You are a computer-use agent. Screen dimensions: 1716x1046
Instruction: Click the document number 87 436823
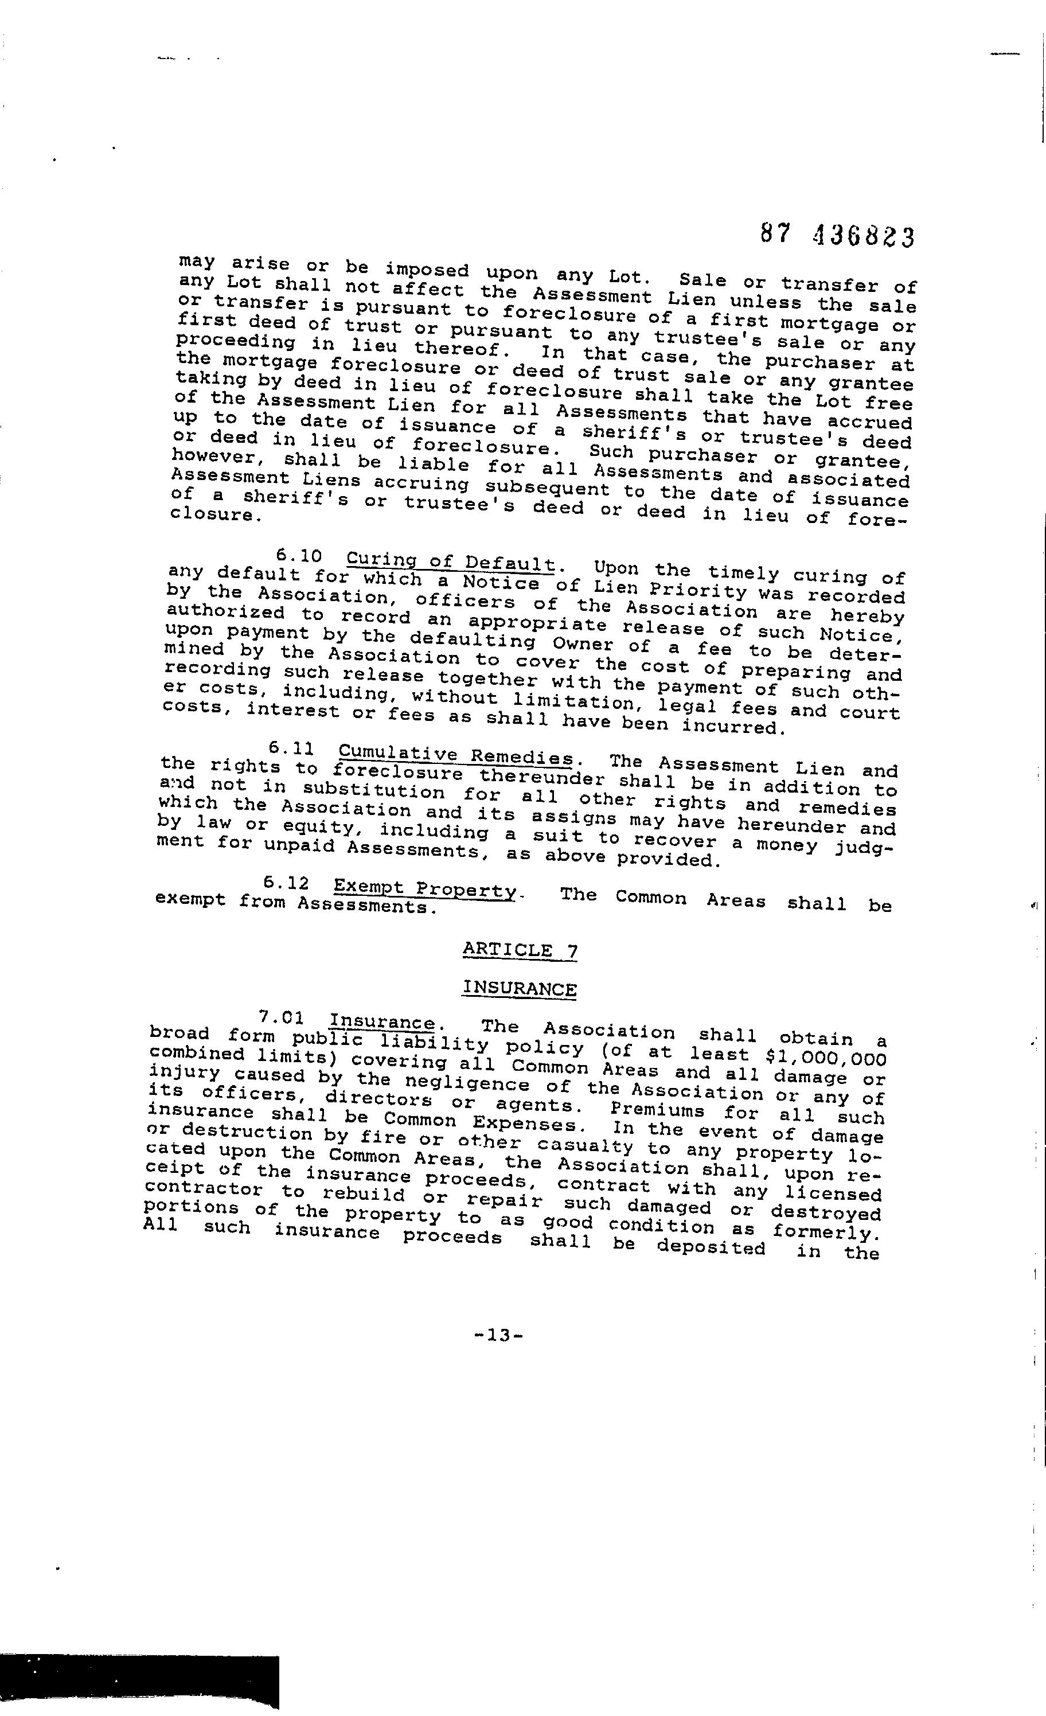coord(835,236)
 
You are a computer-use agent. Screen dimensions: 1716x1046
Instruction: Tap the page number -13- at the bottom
coord(498,1335)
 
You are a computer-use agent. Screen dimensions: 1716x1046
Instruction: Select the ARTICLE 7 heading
coord(520,951)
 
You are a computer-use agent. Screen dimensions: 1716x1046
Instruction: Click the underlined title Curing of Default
coord(452,561)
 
